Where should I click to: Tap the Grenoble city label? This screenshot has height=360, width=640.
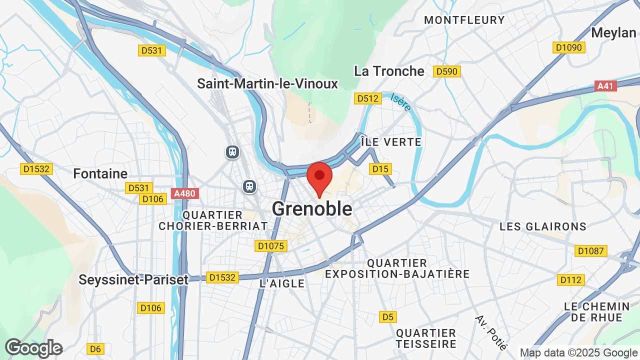point(312,209)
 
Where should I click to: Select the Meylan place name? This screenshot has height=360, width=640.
point(613,33)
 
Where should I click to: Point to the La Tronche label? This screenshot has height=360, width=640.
point(389,71)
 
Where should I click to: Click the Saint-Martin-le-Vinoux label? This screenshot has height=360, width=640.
point(267,83)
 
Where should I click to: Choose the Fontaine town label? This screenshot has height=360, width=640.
point(100,174)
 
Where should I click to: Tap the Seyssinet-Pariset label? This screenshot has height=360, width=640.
point(133,279)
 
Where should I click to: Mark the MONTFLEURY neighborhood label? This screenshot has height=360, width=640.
point(464,20)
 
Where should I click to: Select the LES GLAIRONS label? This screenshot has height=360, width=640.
point(543,226)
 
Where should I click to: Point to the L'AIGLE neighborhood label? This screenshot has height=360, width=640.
point(282,283)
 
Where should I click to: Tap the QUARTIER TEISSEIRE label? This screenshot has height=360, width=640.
point(426,338)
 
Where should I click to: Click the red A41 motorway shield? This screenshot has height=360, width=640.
point(606,86)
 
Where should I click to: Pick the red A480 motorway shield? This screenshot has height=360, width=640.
point(185,193)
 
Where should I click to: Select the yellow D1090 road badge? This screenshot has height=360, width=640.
point(569,47)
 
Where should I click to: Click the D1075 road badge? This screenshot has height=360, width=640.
point(270,246)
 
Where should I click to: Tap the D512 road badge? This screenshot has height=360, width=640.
point(368,98)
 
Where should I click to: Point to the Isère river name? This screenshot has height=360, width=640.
point(400,102)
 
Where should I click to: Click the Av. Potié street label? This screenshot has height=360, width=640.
point(491,332)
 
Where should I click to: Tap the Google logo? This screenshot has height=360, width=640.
point(33,348)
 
